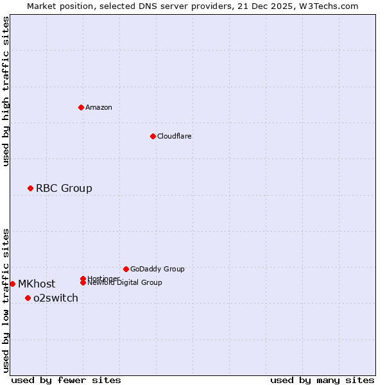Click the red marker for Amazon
(81, 107)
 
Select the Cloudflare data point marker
(153, 136)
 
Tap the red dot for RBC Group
(30, 188)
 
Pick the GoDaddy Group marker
(126, 269)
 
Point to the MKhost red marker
(12, 284)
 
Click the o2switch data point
(28, 298)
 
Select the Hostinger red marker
(83, 278)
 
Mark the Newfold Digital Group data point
(83, 282)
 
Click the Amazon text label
(99, 107)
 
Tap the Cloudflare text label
(175, 136)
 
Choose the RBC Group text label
(64, 188)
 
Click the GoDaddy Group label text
(157, 269)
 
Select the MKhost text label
(37, 284)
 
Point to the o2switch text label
(56, 298)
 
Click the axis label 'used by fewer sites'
(66, 380)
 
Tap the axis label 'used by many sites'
(322, 380)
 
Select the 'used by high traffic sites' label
(6, 91)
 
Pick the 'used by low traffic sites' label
(6, 300)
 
